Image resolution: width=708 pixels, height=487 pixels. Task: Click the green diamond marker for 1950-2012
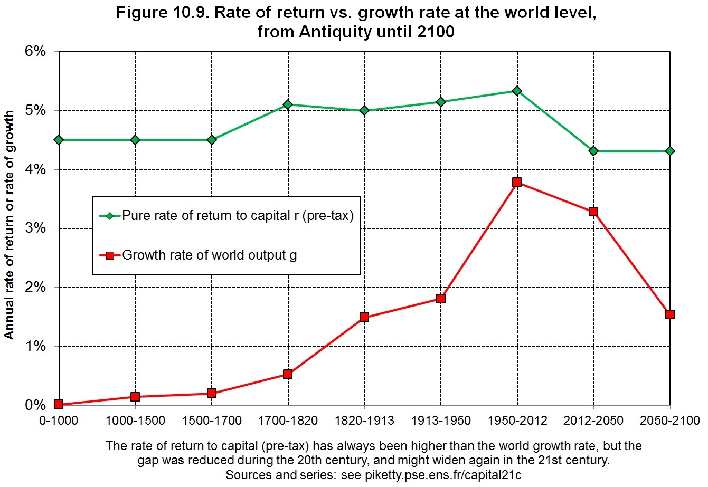pos(517,91)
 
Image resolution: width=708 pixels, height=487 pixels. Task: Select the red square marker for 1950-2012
pos(517,182)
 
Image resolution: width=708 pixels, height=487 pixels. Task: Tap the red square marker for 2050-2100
pos(670,314)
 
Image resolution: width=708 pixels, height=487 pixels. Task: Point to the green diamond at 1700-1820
pos(288,104)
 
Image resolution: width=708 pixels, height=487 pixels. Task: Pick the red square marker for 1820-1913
pos(364,317)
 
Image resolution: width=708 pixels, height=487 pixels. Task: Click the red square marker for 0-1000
pos(59,404)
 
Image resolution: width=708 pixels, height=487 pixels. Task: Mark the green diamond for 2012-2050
pos(593,151)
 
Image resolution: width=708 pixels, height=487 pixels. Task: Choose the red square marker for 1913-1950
pos(441,299)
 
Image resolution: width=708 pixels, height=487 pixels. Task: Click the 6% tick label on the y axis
pos(35,51)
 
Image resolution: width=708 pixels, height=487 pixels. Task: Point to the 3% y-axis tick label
pos(35,228)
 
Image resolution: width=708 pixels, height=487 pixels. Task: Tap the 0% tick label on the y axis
pos(35,405)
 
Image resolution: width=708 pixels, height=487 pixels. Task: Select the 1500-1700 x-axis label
pos(212,421)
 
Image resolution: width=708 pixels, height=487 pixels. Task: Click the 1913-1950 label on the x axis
pos(441,421)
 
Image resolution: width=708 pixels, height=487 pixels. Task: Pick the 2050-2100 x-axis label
pos(670,421)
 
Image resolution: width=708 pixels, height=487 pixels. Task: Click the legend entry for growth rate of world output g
pos(198,255)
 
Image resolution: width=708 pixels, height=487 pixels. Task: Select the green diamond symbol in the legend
pos(110,216)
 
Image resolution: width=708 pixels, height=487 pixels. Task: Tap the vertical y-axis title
pos(9,225)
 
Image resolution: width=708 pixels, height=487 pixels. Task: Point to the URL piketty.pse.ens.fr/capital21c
pos(443,475)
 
